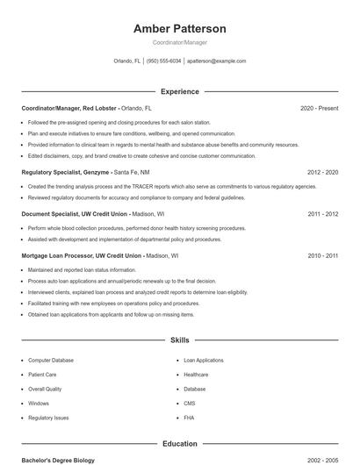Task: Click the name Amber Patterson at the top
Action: pos(180,29)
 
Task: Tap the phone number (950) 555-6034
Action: pos(164,61)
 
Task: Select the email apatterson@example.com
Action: pos(217,61)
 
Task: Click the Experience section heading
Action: pos(180,91)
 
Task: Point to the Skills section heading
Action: pos(180,340)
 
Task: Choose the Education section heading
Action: pos(180,444)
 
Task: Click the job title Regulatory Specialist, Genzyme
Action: pos(67,173)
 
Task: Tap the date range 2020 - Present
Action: pos(319,108)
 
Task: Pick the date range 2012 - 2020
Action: pos(322,173)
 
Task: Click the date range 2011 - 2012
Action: pos(322,214)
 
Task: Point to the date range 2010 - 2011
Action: pos(322,255)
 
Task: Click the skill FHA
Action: pos(189,418)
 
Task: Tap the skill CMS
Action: pos(190,403)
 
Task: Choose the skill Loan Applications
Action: pos(204,361)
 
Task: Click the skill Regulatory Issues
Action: pos(48,418)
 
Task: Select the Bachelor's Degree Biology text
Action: pos(58,460)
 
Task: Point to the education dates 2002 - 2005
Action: pos(322,460)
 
